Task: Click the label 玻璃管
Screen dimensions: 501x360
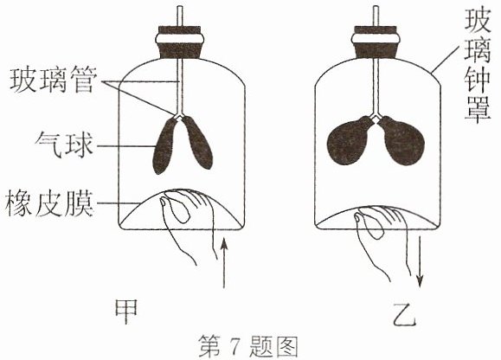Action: (x=54, y=80)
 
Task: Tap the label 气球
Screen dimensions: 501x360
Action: (x=64, y=145)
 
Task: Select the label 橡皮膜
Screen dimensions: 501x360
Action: (x=49, y=203)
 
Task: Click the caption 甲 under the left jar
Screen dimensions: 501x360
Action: (x=126, y=311)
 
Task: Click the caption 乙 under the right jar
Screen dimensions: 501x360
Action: (x=404, y=314)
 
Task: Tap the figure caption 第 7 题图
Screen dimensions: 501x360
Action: (x=248, y=346)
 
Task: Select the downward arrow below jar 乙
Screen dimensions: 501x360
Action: (x=421, y=262)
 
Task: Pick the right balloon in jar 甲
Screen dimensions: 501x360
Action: (x=198, y=143)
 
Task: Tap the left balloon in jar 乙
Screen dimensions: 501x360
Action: (x=350, y=141)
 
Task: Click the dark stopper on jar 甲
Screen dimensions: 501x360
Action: (x=179, y=42)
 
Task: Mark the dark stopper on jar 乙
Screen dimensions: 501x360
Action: (x=376, y=42)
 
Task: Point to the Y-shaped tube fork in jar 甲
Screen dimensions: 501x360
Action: (x=179, y=115)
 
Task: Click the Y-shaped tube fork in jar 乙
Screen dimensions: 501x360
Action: (x=376, y=115)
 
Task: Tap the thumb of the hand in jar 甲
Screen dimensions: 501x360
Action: (x=174, y=209)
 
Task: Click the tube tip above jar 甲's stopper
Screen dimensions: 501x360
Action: (x=180, y=7)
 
